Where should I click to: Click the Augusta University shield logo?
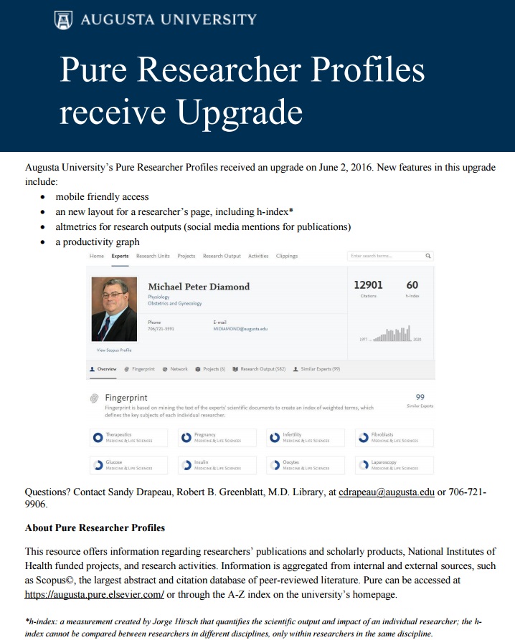tap(63, 20)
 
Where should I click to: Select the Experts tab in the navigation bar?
tap(120, 256)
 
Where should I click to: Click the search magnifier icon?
tap(428, 256)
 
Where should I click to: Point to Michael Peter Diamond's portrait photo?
tap(114, 309)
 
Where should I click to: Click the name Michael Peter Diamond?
tap(199, 287)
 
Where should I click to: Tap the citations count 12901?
tap(368, 285)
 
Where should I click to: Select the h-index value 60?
tap(412, 285)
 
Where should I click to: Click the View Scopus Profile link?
tap(114, 350)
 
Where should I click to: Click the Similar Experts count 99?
tap(420, 397)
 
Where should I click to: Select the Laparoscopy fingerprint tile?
tap(394, 465)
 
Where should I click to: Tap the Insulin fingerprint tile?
tap(217, 465)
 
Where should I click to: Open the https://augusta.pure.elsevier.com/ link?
tap(95, 595)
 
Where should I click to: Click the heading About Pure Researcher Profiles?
tap(95, 527)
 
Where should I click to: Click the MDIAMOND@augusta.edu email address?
tap(240, 329)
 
